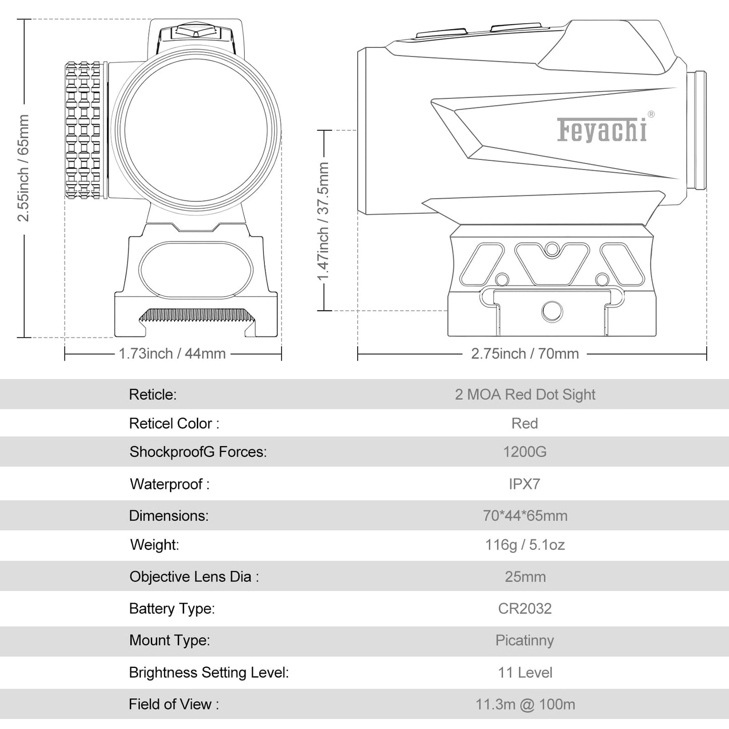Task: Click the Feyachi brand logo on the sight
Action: click(x=602, y=130)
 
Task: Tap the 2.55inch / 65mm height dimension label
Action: click(x=23, y=168)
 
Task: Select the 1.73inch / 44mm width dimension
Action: click(x=173, y=354)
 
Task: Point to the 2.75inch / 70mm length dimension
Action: click(x=525, y=354)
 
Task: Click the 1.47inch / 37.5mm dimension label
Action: click(x=323, y=221)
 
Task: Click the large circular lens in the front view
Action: click(x=196, y=130)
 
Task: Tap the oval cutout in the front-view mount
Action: click(x=196, y=270)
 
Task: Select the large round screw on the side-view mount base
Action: click(x=552, y=311)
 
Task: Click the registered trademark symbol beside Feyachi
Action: click(x=651, y=114)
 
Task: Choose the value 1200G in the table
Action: click(x=525, y=452)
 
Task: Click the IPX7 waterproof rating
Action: click(x=524, y=484)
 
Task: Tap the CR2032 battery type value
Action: click(x=525, y=608)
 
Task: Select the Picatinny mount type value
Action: click(x=525, y=641)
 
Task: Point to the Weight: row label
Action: click(x=154, y=545)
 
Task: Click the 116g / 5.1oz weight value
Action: click(x=525, y=545)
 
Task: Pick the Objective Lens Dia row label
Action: click(x=194, y=577)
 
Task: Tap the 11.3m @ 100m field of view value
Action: click(x=525, y=704)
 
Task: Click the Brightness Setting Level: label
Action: click(x=209, y=672)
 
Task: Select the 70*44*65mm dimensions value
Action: click(x=525, y=516)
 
